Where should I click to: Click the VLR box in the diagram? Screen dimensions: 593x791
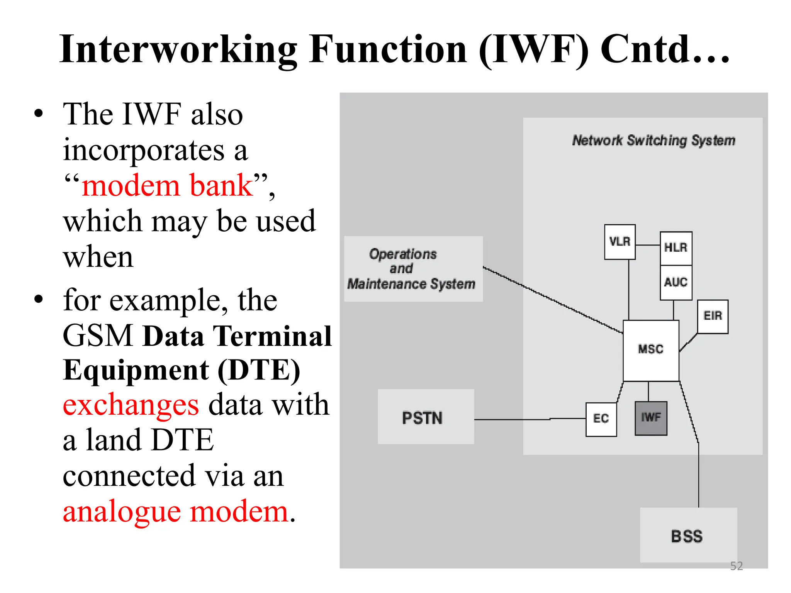pyautogui.click(x=620, y=242)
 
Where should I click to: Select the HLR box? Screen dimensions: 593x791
pyautogui.click(x=676, y=248)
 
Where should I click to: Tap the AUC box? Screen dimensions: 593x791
pyautogui.click(x=676, y=282)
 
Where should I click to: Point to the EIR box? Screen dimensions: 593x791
pyautogui.click(x=713, y=316)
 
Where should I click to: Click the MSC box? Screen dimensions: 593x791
pyautogui.click(x=651, y=350)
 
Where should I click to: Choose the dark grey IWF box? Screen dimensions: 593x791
pyautogui.click(x=651, y=418)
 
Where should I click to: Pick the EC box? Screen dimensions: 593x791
pyautogui.click(x=601, y=419)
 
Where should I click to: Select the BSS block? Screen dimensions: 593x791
pyautogui.click(x=688, y=535)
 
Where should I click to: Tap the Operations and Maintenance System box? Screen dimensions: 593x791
pyautogui.click(x=413, y=269)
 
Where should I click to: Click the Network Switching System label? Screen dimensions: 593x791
pyautogui.click(x=654, y=141)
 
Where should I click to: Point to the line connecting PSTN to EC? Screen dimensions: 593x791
pyautogui.click(x=529, y=419)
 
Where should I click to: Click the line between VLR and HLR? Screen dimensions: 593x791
pyautogui.click(x=648, y=245)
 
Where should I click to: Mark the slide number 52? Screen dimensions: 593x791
pyautogui.click(x=736, y=566)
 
